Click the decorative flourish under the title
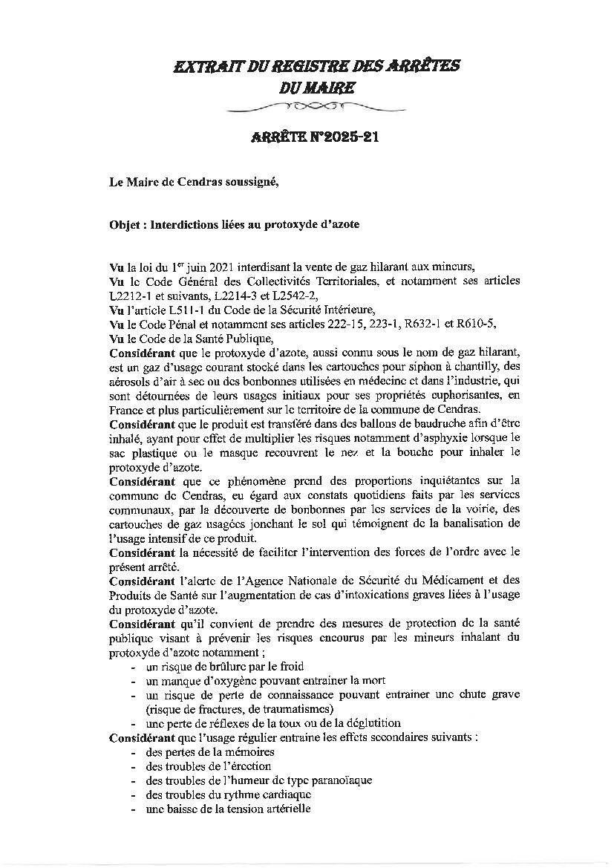307,108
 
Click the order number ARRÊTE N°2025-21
307,138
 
